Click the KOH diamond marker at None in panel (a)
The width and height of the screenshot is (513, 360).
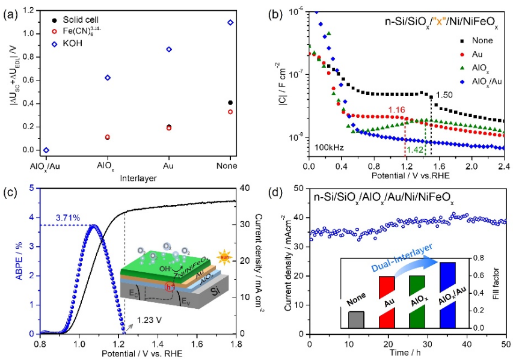pos(229,22)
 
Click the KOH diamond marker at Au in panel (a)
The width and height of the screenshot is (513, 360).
pos(168,49)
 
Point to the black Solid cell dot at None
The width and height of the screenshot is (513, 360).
pos(229,103)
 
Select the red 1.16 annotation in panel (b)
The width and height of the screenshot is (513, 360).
pos(396,110)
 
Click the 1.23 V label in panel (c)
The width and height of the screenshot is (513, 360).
pos(148,320)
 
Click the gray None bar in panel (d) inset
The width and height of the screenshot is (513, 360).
pos(356,320)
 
